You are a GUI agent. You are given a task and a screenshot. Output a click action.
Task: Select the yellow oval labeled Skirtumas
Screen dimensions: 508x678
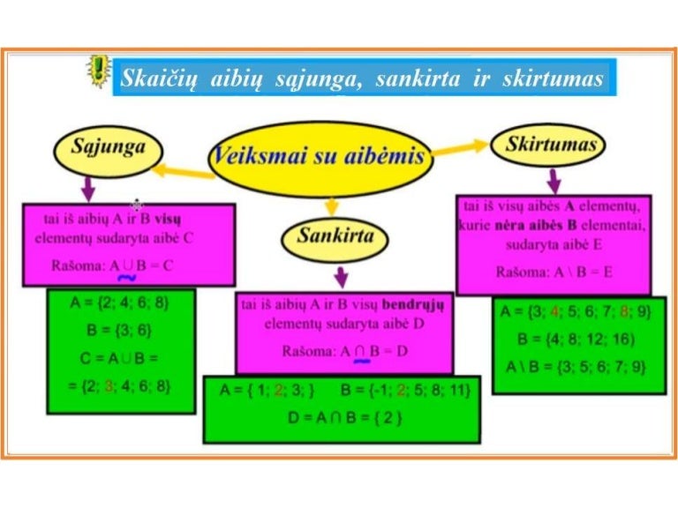tap(550, 146)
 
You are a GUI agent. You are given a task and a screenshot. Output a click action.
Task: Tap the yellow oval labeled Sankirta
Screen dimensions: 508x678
tap(328, 236)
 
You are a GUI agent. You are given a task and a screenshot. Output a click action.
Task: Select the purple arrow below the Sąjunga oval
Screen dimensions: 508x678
tap(87, 187)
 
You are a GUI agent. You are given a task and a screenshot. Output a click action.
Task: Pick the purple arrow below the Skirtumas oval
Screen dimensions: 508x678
tap(554, 181)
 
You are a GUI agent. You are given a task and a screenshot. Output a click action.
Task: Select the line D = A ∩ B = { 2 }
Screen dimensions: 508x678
tap(345, 417)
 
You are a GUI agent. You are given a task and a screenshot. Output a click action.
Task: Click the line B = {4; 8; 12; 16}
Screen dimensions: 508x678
tap(576, 339)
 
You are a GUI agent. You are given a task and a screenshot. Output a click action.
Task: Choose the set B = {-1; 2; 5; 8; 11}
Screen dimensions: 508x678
tap(404, 390)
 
